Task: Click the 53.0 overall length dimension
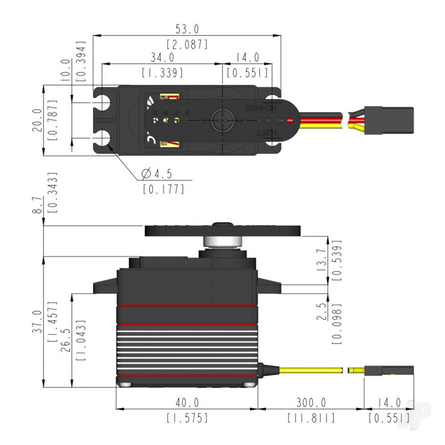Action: [187, 29]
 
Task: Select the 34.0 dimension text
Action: [162, 57]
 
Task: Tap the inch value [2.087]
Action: [187, 44]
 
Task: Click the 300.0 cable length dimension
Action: [311, 403]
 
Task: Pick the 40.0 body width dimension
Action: [187, 403]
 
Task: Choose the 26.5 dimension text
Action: [67, 340]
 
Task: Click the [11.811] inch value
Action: [311, 418]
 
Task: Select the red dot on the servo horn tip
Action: [290, 120]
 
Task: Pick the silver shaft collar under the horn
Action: [222, 242]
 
